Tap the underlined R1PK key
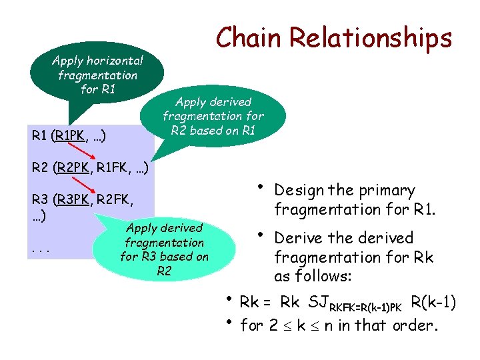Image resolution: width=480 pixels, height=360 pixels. click(x=71, y=136)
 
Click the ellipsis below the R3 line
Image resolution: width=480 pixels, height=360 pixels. click(x=38, y=250)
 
